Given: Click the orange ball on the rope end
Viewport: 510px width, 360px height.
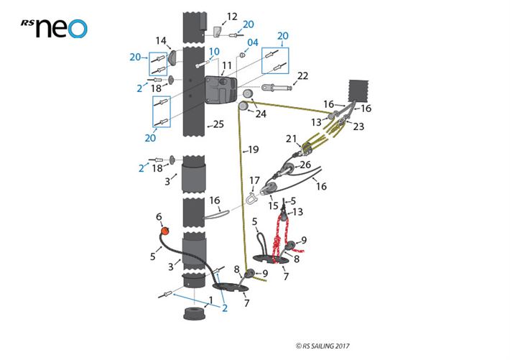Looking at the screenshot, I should point(164,231).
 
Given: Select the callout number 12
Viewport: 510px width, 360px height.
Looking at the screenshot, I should point(232,16).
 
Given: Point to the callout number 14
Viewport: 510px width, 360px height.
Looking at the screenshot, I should point(162,41).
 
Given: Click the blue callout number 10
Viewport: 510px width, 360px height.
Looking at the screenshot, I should point(214,52).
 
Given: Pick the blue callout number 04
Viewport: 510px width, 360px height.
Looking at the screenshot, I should point(252,42).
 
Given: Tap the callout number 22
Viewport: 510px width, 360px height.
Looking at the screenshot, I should point(302,75).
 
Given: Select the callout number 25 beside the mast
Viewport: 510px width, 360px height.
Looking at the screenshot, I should point(218,125).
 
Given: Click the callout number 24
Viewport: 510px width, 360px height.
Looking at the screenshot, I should point(261,113).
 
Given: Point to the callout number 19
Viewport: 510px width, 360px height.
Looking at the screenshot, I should point(252,150).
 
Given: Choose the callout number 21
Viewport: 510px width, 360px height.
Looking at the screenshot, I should point(291,138).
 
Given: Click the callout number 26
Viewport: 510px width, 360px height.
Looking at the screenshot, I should point(305,165).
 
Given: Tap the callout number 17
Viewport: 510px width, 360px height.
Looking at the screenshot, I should point(254,180).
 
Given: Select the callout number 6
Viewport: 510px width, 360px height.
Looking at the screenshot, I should point(159,216).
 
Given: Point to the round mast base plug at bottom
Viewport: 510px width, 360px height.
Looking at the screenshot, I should point(193,314).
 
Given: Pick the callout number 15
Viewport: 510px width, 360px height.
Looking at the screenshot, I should point(274,206).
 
